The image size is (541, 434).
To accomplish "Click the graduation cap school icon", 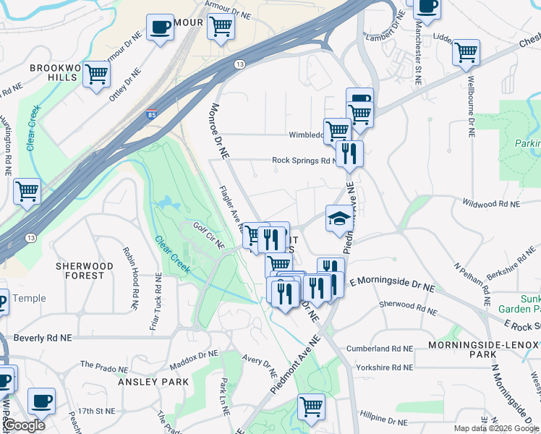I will (x=338, y=218).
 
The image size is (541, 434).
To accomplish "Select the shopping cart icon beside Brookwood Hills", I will (x=96, y=74).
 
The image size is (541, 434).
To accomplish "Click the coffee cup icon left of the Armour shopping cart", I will (x=160, y=27).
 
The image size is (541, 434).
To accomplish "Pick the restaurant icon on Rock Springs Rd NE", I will (x=350, y=153).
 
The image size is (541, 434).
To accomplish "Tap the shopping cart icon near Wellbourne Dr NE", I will (x=467, y=52).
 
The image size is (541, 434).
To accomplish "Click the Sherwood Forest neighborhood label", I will (x=85, y=271).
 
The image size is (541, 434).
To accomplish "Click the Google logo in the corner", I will (x=23, y=425).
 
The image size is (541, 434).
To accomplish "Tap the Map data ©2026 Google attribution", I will (x=496, y=428).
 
